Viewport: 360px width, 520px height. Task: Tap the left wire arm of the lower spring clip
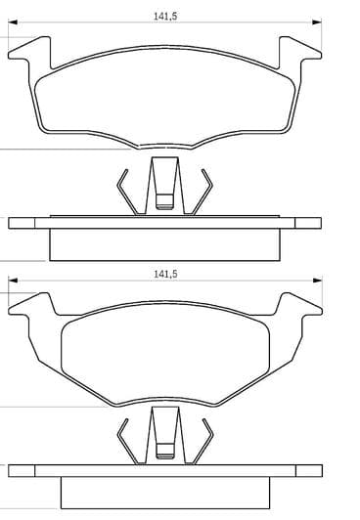click(x=123, y=441)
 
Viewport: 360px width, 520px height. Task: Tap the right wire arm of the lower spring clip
click(x=206, y=441)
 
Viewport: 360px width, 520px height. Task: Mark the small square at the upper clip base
click(x=164, y=204)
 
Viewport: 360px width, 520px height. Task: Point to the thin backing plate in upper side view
click(x=164, y=223)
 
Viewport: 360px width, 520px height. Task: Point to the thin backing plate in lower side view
click(x=164, y=474)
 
